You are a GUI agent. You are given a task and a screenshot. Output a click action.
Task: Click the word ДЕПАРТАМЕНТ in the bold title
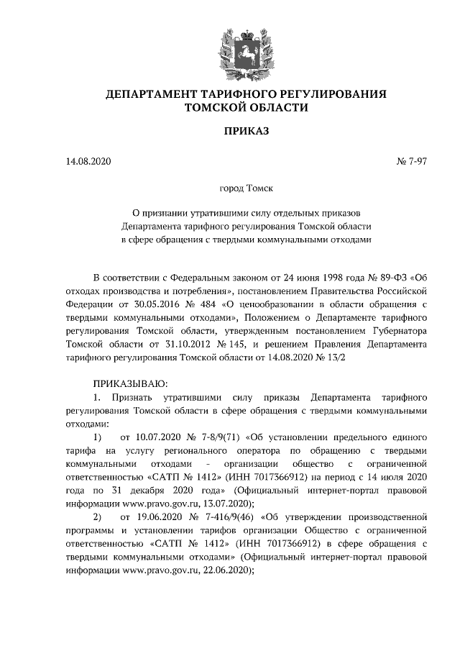pos(149,94)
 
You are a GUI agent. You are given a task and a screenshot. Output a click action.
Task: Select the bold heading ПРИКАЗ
pos(246,132)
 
